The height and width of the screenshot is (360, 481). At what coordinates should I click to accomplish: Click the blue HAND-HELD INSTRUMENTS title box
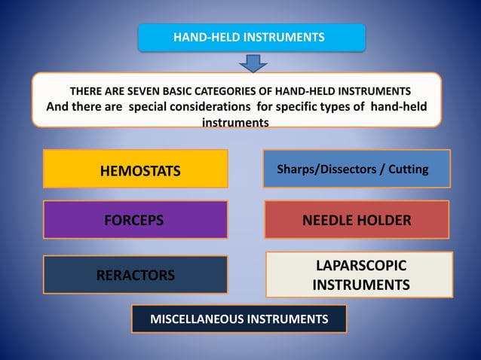pos(251,37)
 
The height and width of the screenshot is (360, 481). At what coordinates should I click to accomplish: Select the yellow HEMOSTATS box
pos(136,169)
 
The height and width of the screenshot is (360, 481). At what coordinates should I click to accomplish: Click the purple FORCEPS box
pos(136,220)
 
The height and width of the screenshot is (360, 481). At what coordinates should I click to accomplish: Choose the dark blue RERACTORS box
pos(136,275)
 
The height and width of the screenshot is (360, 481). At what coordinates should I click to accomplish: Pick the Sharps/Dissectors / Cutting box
pos(356,168)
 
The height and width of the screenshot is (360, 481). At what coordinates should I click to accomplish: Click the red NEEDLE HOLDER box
pos(357,220)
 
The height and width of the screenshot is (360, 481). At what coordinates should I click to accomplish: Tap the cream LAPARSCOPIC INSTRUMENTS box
pos(360,275)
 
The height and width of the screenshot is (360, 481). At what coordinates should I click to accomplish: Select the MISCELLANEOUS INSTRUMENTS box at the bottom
pos(239,319)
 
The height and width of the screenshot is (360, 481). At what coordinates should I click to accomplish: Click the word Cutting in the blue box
pos(407,169)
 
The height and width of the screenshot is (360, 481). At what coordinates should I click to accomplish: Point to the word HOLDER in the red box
pos(387,221)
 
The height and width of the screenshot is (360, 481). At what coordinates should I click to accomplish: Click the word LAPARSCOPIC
pos(360,266)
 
